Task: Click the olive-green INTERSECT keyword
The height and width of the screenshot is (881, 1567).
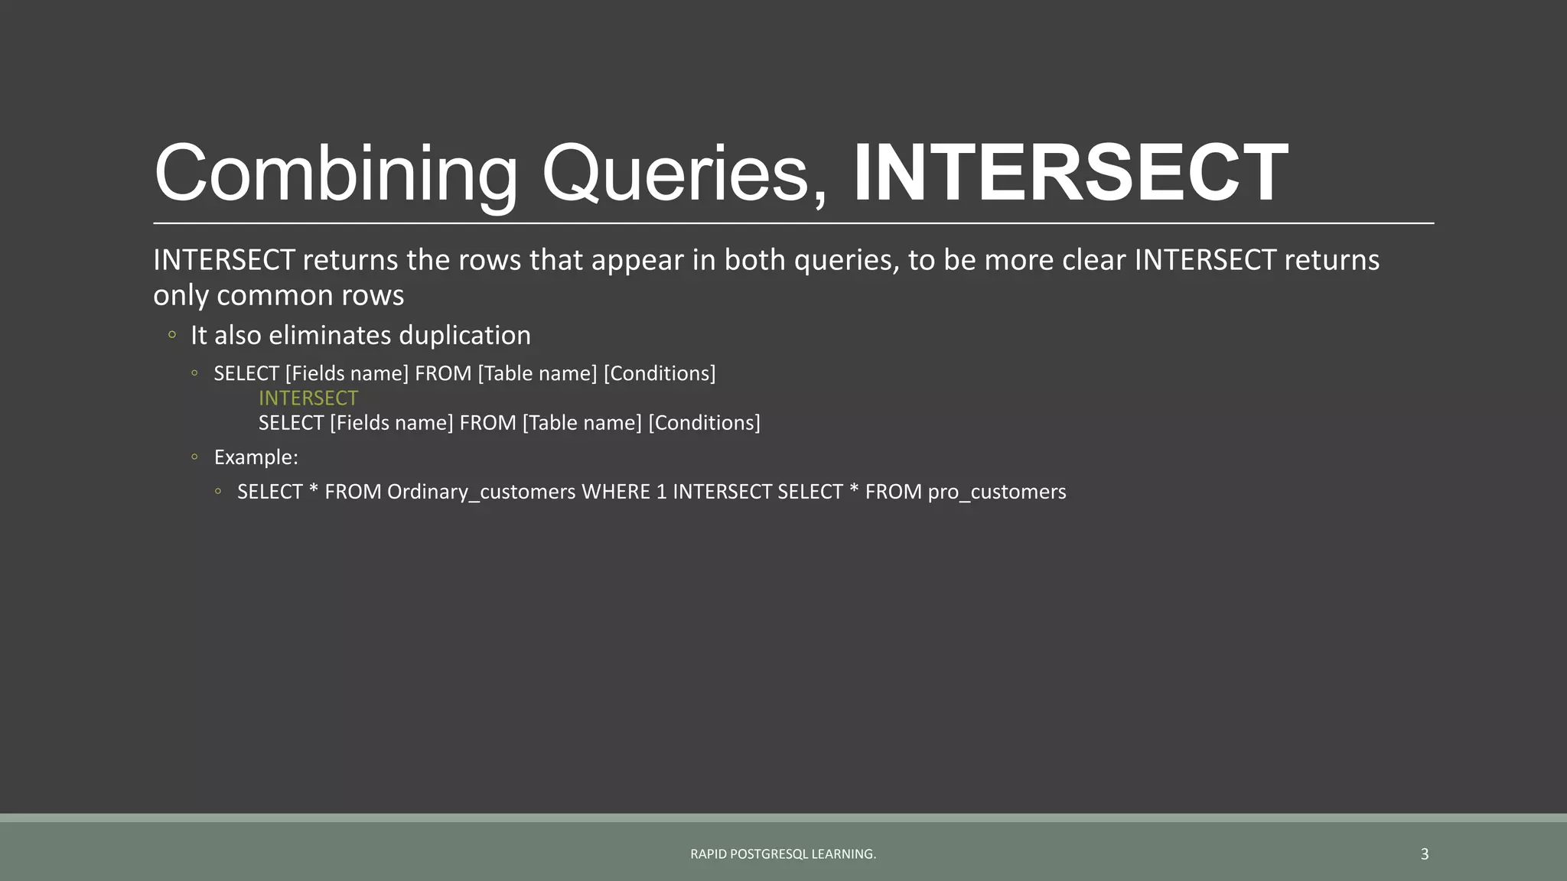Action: pyautogui.click(x=308, y=398)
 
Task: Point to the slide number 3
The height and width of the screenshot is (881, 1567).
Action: pyautogui.click(x=1424, y=854)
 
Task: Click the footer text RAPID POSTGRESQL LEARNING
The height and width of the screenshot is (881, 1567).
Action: pyautogui.click(x=783, y=854)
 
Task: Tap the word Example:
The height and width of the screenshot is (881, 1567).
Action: pyautogui.click(x=256, y=457)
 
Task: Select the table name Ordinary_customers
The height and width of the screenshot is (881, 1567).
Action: pyautogui.click(x=481, y=492)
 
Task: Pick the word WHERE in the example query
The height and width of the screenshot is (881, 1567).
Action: pyautogui.click(x=615, y=492)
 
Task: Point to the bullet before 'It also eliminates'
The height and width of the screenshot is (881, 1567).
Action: pyautogui.click(x=172, y=335)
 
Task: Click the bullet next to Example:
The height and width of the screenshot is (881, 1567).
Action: pyautogui.click(x=195, y=457)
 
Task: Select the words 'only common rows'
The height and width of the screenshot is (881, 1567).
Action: pyautogui.click(x=279, y=295)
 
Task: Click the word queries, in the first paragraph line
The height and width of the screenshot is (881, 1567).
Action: pyautogui.click(x=846, y=261)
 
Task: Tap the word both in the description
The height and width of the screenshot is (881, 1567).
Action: pyautogui.click(x=754, y=260)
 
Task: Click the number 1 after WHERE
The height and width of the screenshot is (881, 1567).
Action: pyautogui.click(x=661, y=492)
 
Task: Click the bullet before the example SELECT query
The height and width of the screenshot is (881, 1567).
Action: pyautogui.click(x=218, y=492)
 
